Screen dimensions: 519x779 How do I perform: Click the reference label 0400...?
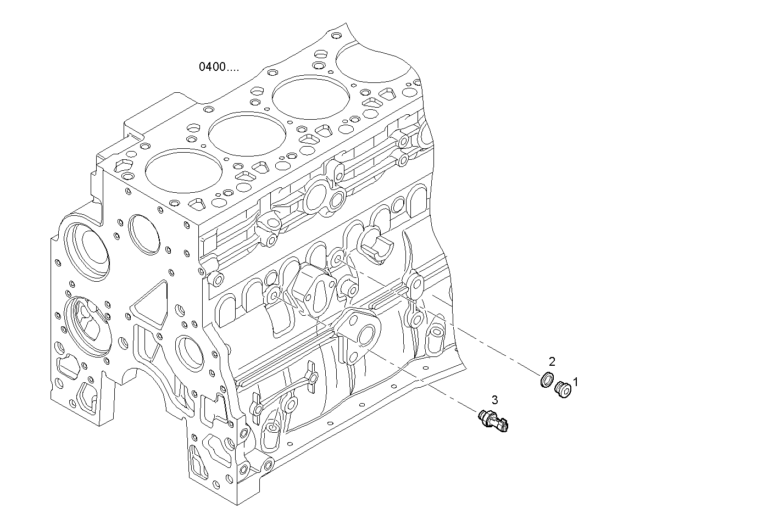[219, 67]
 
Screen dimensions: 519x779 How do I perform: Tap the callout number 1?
[576, 381]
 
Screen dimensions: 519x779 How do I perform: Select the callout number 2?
[552, 361]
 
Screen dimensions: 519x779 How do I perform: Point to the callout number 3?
[494, 400]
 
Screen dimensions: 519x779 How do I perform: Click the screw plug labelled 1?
[563, 390]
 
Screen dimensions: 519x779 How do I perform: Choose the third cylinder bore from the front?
[310, 99]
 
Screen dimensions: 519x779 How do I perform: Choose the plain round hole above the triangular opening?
[144, 233]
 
